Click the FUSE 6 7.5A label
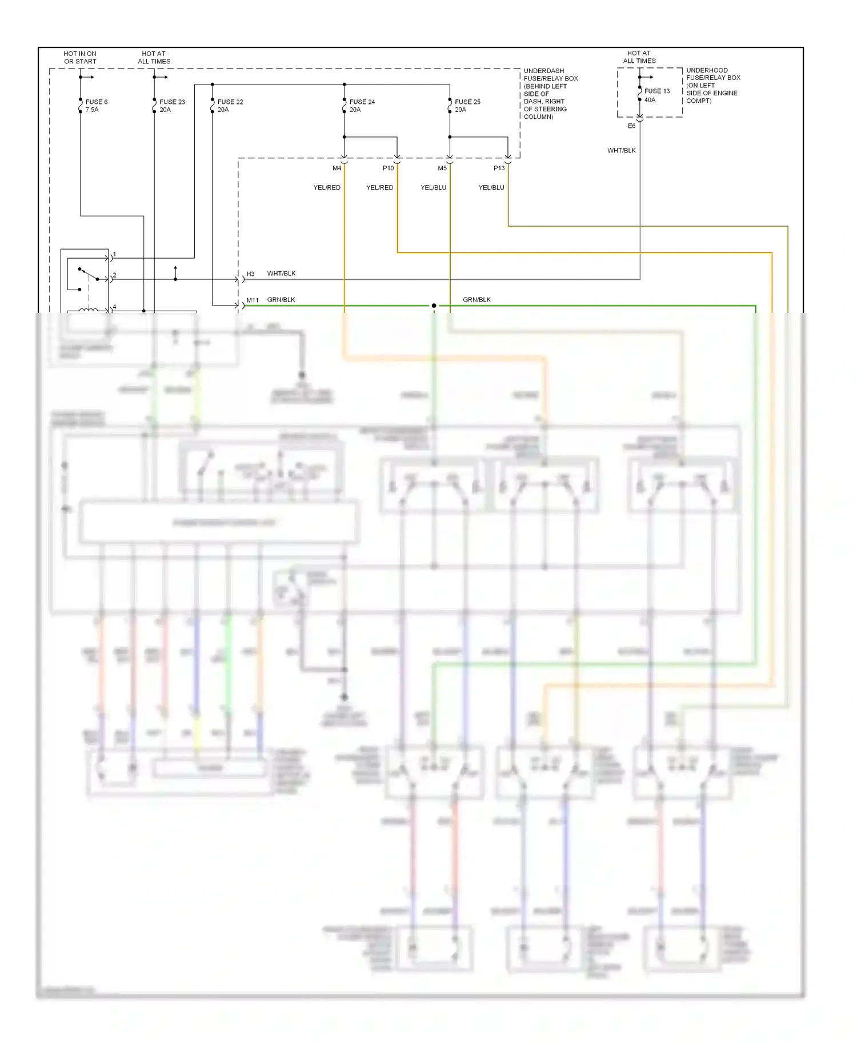pyautogui.click(x=96, y=106)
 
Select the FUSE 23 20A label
pyautogui.click(x=171, y=106)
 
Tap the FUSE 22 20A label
pyautogui.click(x=230, y=106)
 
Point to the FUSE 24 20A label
pyautogui.click(x=362, y=106)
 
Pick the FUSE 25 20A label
pyautogui.click(x=467, y=106)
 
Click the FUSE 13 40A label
pyautogui.click(x=656, y=95)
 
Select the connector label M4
pyautogui.click(x=337, y=168)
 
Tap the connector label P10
pyautogui.click(x=388, y=168)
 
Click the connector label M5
pyautogui.click(x=442, y=168)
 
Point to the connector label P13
pyautogui.click(x=499, y=168)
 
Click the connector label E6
pyautogui.click(x=631, y=126)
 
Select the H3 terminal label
pyautogui.click(x=250, y=274)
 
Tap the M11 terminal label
pyautogui.click(x=252, y=300)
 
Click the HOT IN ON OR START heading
pyautogui.click(x=80, y=58)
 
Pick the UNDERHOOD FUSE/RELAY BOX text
pyautogui.click(x=712, y=85)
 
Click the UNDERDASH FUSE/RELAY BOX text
pyautogui.click(x=550, y=94)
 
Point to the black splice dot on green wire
pyautogui.click(x=434, y=306)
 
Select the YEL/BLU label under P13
pyautogui.click(x=491, y=187)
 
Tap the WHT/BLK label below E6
pyautogui.click(x=621, y=151)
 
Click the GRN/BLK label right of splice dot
pyautogui.click(x=476, y=300)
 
